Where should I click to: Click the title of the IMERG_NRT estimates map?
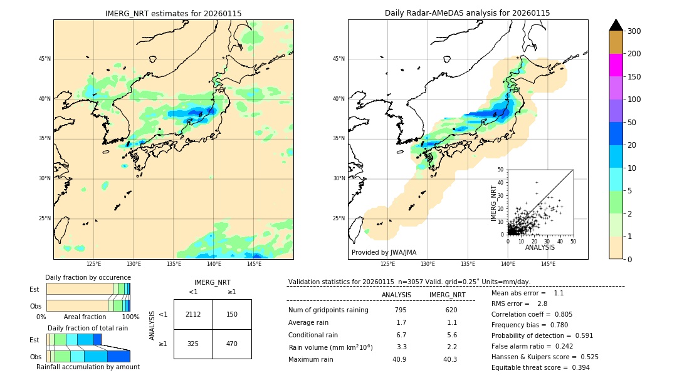[x=173, y=13]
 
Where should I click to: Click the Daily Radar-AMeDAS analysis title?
[x=467, y=13]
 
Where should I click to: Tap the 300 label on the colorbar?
[x=634, y=31]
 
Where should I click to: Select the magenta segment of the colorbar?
[x=616, y=65]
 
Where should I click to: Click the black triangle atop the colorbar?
[x=616, y=25]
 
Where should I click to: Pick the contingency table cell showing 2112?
[x=193, y=314]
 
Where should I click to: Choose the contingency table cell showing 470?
[x=232, y=344]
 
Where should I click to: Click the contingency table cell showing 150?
[x=232, y=314]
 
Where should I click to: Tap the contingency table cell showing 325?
[x=193, y=344]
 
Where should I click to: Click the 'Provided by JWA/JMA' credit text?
[x=384, y=252]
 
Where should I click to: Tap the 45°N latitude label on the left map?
[x=45, y=59]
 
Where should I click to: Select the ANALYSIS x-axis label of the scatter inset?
[x=540, y=247]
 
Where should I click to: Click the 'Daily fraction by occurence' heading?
[x=88, y=277]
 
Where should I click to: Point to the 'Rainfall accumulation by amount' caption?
[x=88, y=367]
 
